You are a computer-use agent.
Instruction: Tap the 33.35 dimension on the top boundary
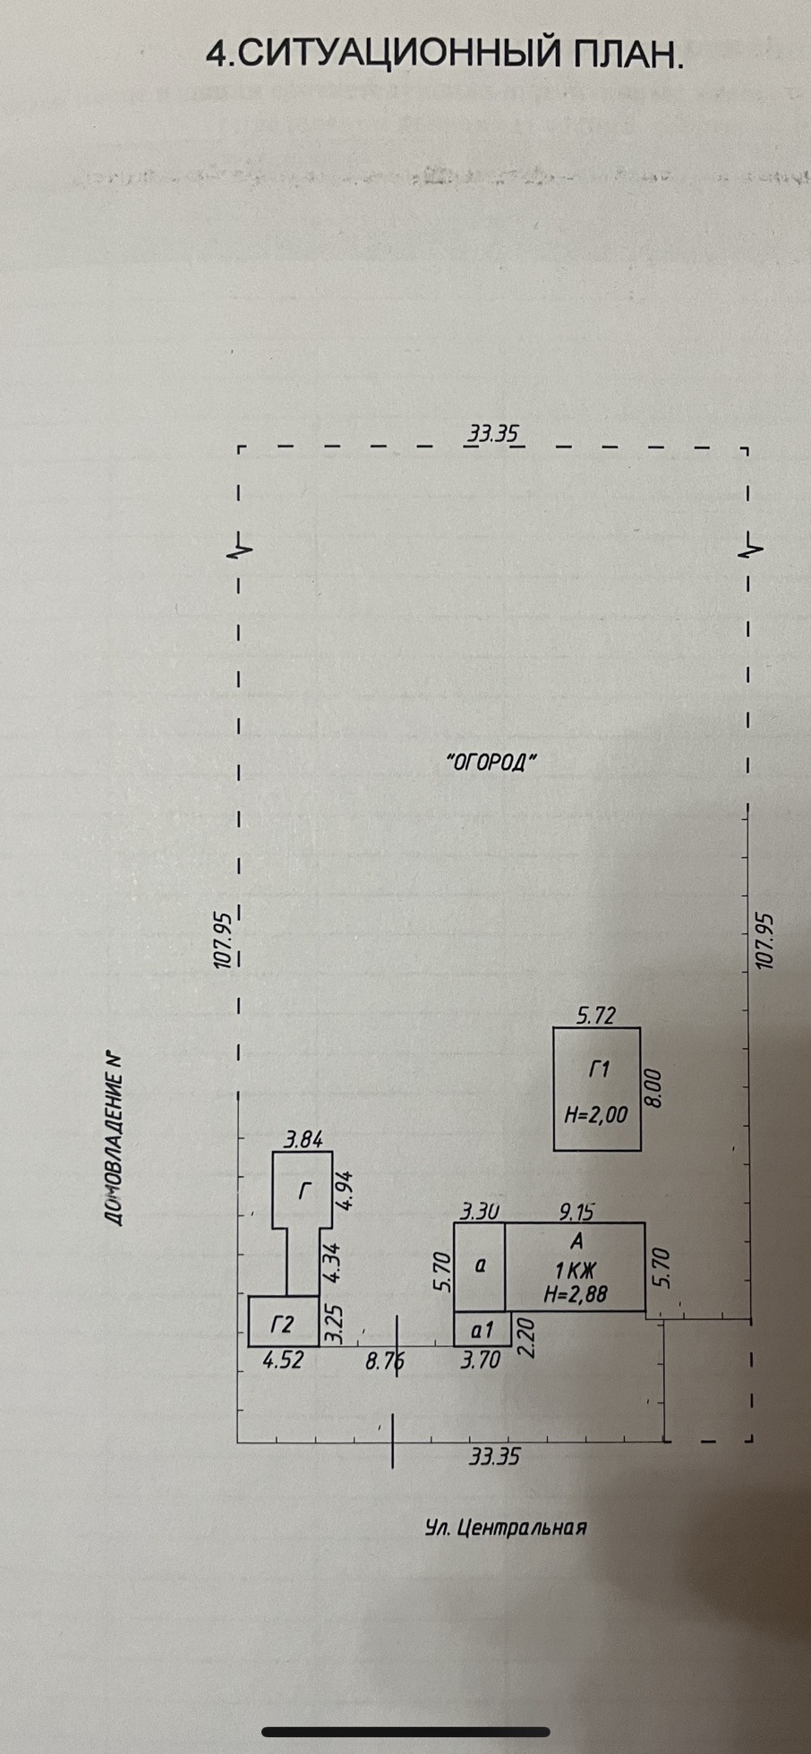493,434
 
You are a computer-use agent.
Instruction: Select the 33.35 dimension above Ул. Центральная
494,1457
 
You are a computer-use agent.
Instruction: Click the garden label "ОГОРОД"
491,763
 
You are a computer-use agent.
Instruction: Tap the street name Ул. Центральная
506,1527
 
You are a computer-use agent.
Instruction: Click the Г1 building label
599,1069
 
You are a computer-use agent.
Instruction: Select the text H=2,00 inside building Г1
596,1115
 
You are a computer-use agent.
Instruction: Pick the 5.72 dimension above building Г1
595,1016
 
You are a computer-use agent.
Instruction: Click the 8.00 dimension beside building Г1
653,1088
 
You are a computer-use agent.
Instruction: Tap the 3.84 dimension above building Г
303,1139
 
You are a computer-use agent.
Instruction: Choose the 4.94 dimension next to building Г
344,1190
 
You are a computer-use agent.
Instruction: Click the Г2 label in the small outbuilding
282,1324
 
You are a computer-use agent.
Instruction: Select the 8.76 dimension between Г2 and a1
385,1361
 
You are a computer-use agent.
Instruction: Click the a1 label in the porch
482,1330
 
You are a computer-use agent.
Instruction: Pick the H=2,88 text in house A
576,1292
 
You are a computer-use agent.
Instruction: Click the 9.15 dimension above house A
576,1212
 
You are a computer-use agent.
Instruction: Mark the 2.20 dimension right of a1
525,1337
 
